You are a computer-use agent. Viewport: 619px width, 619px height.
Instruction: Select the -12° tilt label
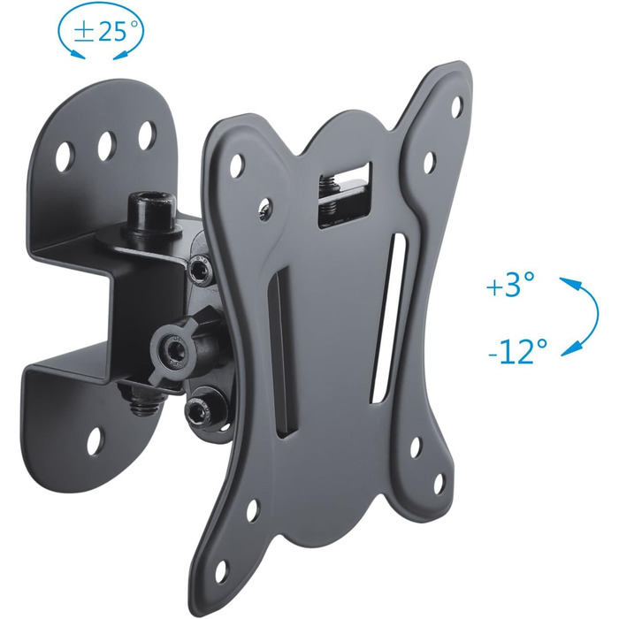click(518, 351)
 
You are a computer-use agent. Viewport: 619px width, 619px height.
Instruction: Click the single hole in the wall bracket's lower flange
click(96, 439)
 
